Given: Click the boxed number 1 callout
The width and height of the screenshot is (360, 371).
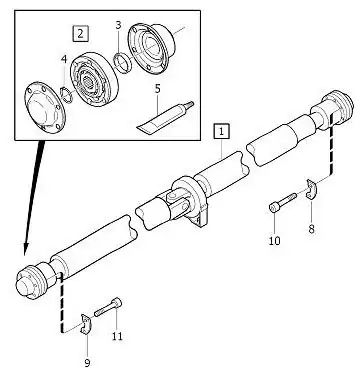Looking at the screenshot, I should [221, 130].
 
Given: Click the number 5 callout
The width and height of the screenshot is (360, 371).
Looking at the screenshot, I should [158, 90].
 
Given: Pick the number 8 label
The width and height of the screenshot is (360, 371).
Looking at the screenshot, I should [311, 230].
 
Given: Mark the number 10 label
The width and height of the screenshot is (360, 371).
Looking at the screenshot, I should [274, 240].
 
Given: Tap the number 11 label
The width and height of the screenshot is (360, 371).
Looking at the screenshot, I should [117, 336].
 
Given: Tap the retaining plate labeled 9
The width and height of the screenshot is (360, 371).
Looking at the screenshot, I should [85, 323].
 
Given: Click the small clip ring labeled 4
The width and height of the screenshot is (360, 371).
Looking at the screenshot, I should [67, 93].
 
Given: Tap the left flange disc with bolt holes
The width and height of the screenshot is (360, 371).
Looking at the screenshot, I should [41, 105].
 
